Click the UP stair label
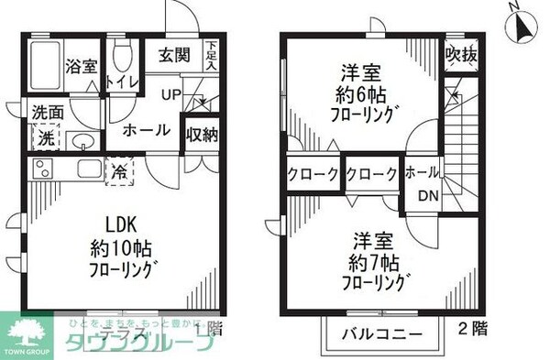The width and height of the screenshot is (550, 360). [171, 94]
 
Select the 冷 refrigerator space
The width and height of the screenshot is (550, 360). [120, 170]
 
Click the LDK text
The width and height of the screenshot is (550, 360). [120, 225]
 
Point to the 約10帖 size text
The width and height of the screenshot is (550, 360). [119, 248]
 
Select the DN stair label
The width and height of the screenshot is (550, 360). [428, 195]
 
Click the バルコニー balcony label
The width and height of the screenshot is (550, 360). [383, 333]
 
